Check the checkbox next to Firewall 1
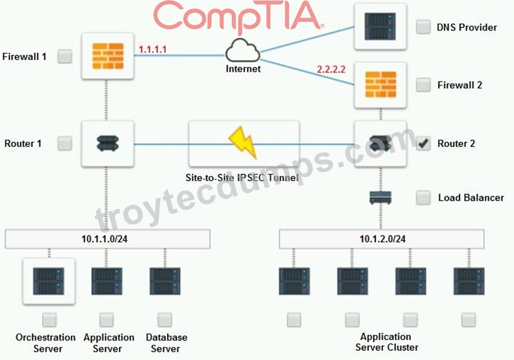coord(65,56)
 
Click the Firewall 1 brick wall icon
coord(108,56)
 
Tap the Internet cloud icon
coord(242,51)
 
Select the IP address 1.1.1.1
coord(153,49)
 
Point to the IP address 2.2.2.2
coord(331,69)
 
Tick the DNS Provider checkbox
coord(423,27)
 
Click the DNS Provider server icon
coord(380,26)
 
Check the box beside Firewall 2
coord(423,85)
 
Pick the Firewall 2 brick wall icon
coord(380,84)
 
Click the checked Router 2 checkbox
coord(423,143)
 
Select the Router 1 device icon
coord(108,143)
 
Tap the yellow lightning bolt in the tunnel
coord(243,142)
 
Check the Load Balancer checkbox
coord(423,198)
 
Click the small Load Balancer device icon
coord(380,198)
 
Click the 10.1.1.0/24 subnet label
coord(104,239)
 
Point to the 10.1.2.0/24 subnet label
coord(382,239)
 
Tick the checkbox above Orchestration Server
coord(49,320)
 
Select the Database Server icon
coord(165,281)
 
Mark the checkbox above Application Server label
coord(107,320)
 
